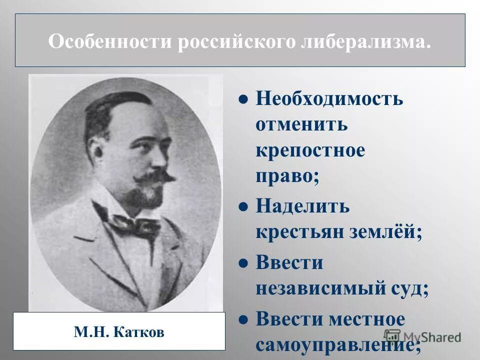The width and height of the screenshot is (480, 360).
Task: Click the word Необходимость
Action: tap(329, 98)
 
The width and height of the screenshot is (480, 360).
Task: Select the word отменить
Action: tap(301, 124)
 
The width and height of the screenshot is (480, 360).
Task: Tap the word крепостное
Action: tap(310, 150)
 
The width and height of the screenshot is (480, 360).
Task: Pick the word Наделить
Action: tap(302, 206)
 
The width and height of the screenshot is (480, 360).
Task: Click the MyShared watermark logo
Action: tap(422, 337)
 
